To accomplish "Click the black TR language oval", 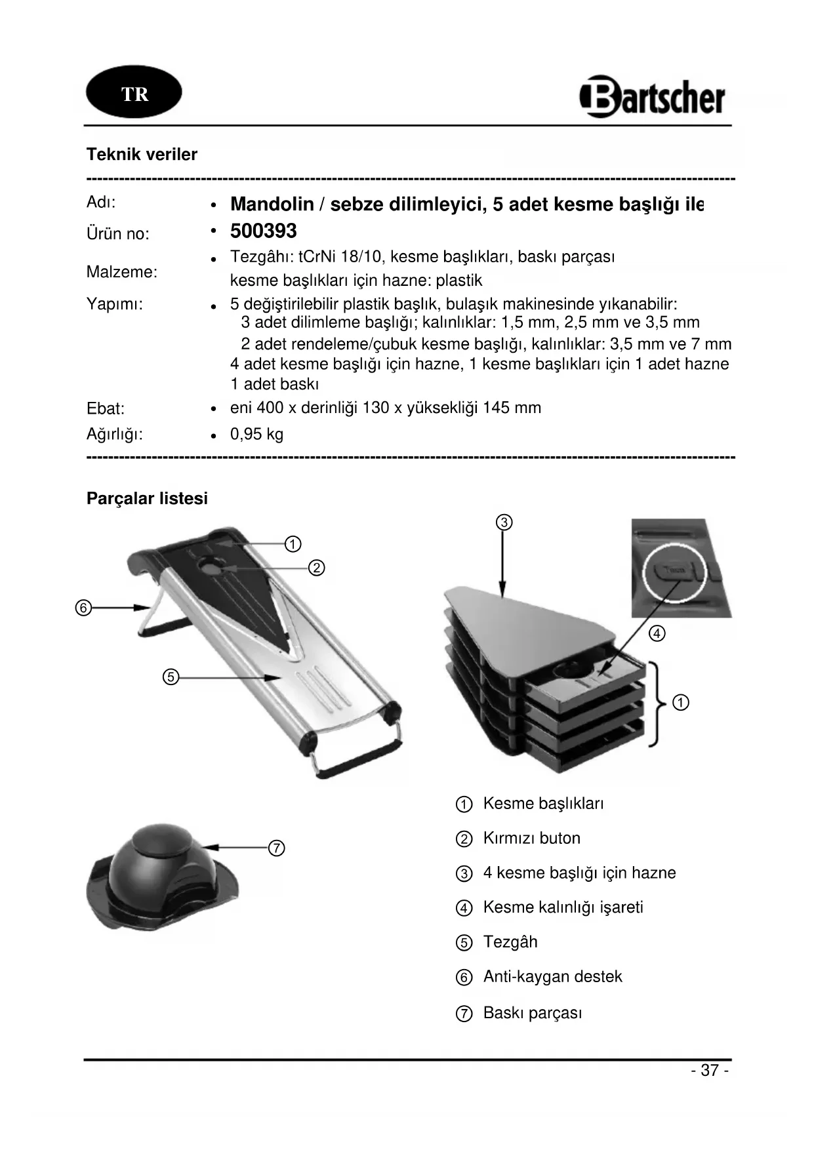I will (134, 92).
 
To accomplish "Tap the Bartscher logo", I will (653, 97).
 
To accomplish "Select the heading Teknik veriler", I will (142, 155).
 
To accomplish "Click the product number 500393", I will (264, 231).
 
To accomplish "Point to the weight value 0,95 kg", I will (257, 434).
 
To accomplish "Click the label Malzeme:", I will (122, 272).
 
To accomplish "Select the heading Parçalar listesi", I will (147, 498).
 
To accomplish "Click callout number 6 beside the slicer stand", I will (83, 608).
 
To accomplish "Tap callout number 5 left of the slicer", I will (171, 677).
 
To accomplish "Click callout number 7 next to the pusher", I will (277, 848).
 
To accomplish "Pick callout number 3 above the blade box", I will (503, 523).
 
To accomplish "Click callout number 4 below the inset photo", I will (657, 633).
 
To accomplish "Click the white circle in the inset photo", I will (673, 572).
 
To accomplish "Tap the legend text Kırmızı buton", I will (531, 839).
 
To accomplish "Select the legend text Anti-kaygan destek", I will (552, 977).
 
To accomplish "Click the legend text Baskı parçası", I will (532, 1013).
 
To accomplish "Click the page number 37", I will (710, 1071).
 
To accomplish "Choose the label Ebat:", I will (106, 409).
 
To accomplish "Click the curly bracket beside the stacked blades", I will (657, 704).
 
